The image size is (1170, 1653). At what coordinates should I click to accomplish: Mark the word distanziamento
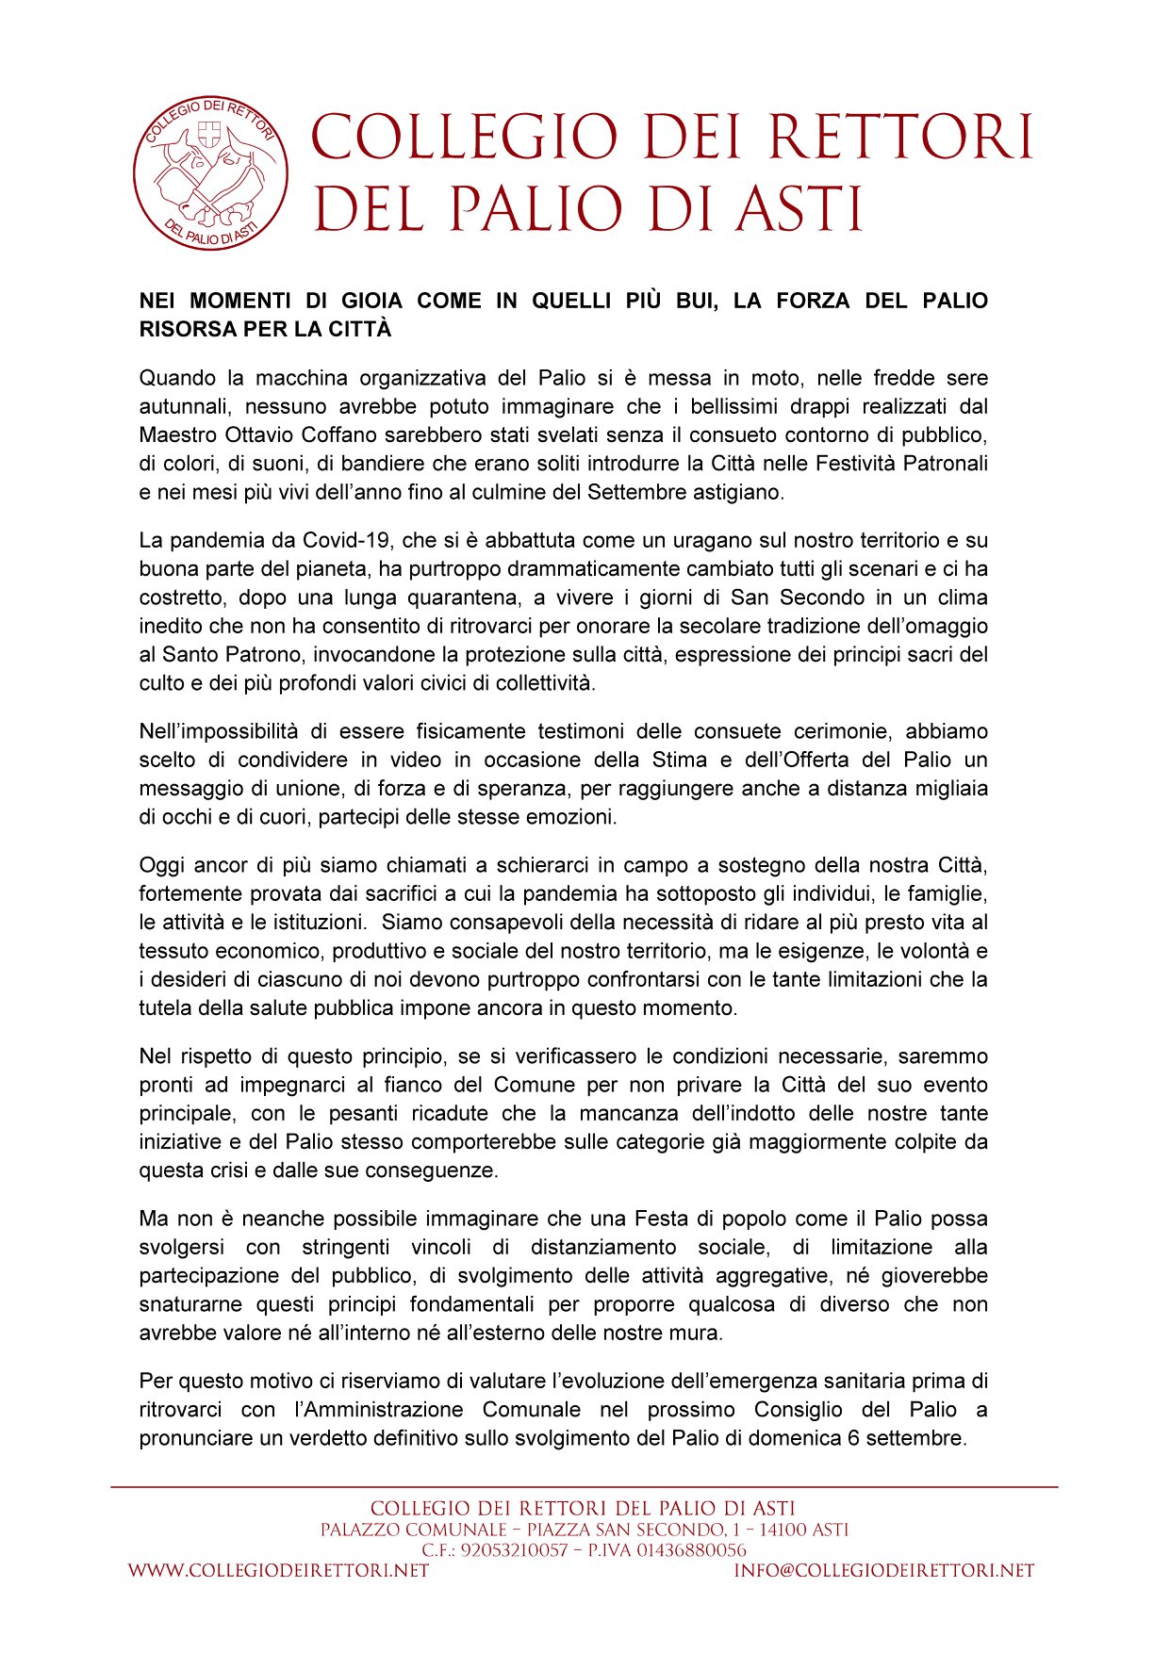pyautogui.click(x=603, y=1247)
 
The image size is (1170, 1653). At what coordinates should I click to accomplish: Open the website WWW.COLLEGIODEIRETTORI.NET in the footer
pyautogui.click(x=278, y=1571)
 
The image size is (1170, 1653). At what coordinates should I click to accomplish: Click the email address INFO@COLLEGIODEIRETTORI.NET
pyautogui.click(x=884, y=1571)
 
